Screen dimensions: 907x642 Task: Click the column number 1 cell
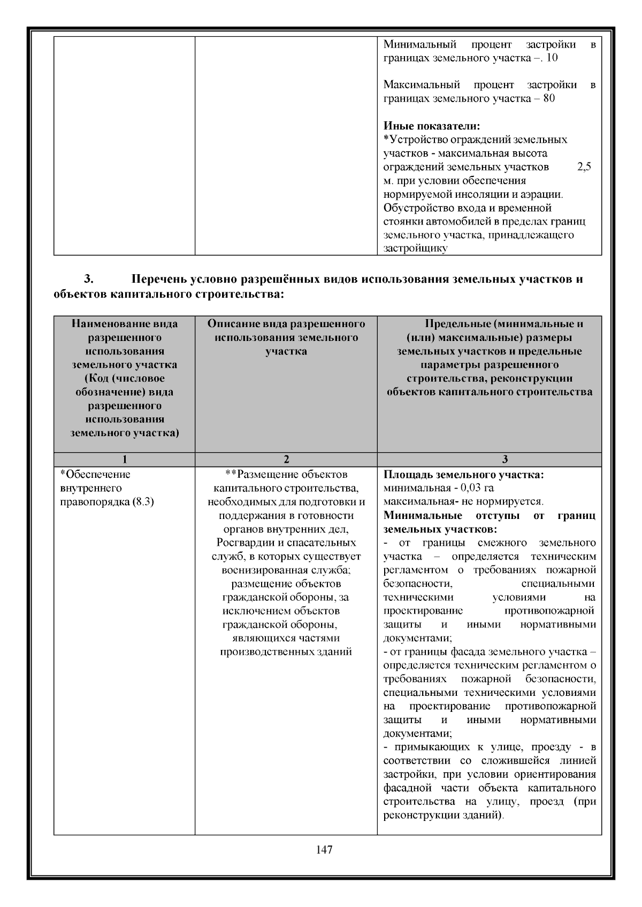point(124,459)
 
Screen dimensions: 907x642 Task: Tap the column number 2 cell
point(286,459)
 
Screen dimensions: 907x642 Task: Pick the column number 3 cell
point(489,459)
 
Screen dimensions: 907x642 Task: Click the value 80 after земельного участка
point(548,98)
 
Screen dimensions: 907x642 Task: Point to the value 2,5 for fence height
point(584,167)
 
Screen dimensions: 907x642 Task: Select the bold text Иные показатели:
point(432,126)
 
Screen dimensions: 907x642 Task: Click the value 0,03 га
point(477,488)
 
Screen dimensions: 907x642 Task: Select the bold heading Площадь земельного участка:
point(464,475)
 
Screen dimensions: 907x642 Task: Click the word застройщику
point(415,249)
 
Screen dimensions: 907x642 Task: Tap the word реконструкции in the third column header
point(537,378)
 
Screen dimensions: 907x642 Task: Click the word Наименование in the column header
point(104,324)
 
